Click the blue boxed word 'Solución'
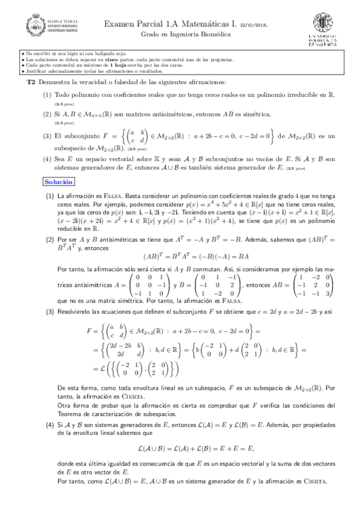59,165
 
